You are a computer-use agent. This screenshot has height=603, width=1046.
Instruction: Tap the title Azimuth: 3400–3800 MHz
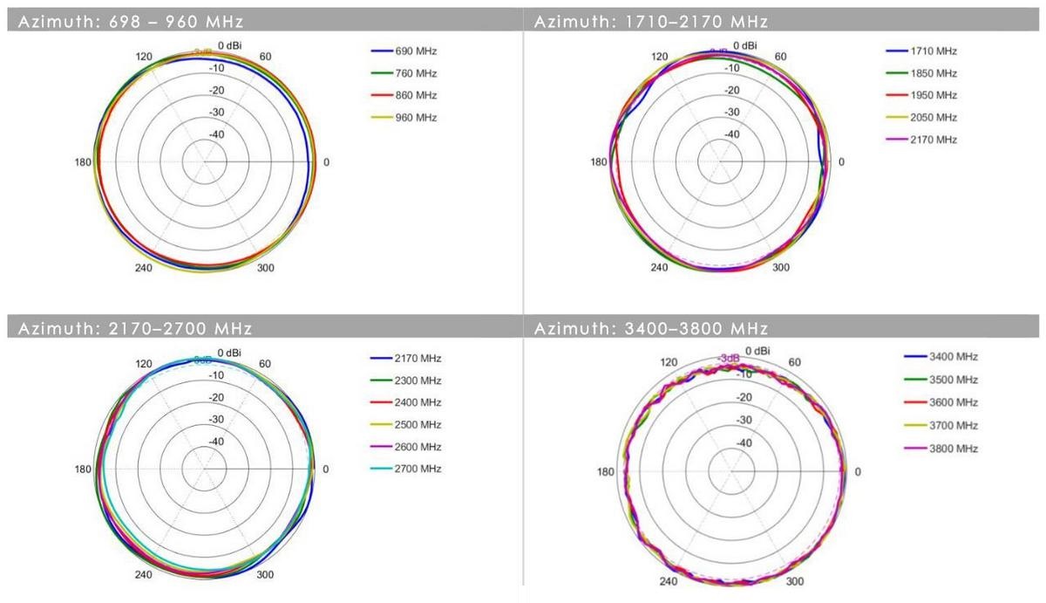click(650, 329)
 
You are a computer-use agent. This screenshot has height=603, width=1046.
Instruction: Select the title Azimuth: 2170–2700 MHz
click(130, 329)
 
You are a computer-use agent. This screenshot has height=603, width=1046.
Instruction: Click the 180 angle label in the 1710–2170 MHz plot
click(598, 162)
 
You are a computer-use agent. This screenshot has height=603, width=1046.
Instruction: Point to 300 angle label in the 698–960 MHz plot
click(266, 268)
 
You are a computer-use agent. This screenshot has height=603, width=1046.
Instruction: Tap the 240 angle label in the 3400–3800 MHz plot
click(669, 582)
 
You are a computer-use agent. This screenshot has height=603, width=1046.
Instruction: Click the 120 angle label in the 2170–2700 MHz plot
click(144, 364)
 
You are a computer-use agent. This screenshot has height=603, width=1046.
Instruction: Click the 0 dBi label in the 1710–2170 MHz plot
click(745, 45)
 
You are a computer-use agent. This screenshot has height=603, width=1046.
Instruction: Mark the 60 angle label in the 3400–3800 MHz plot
click(794, 362)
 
